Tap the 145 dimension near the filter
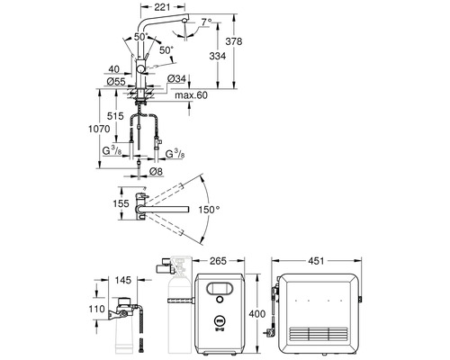pyautogui.click(x=123, y=280)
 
